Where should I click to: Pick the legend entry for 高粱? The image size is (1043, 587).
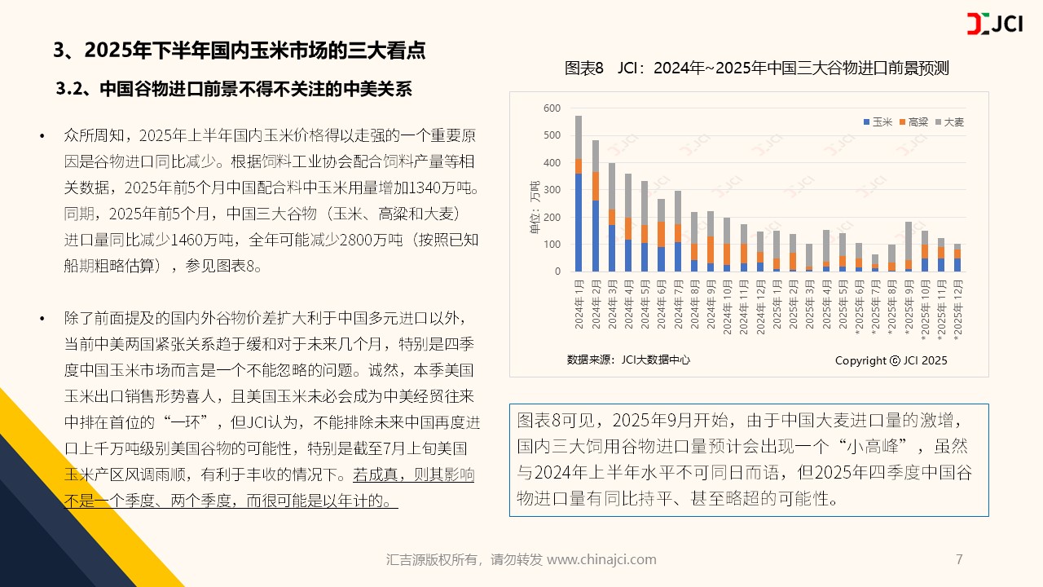coord(913,121)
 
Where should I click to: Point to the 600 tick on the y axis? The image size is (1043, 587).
coord(552,108)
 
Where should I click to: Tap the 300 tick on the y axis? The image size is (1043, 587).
coord(552,190)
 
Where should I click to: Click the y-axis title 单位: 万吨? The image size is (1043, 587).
coord(535,207)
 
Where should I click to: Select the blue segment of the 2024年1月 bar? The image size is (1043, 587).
coord(579,222)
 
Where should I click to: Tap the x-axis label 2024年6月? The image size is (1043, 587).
coord(662,302)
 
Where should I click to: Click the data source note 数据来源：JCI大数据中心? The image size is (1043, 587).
coord(628,360)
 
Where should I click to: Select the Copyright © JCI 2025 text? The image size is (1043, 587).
coord(891,360)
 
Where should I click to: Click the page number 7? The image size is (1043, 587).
coord(959,559)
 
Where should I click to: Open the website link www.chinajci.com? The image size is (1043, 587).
coord(601,559)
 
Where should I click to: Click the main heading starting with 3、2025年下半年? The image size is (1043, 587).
coord(239,51)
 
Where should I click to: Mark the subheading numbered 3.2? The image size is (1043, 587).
coord(234,89)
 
